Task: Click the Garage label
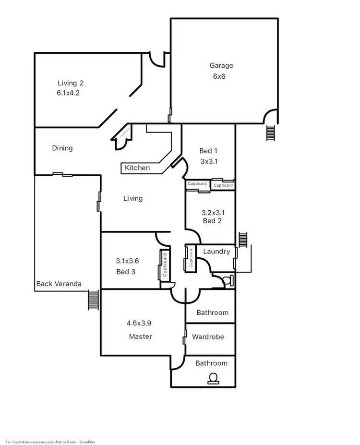[221, 66]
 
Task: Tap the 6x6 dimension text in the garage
[219, 76]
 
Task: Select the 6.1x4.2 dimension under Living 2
[68, 93]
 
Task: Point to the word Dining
[62, 148]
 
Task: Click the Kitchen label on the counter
[137, 168]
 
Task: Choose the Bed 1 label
[209, 151]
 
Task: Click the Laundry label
[216, 251]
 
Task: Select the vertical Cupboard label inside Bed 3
[164, 265]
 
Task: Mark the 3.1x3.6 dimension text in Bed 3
[127, 261]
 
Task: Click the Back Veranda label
[59, 284]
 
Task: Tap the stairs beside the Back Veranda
[93, 301]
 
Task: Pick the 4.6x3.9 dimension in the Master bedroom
[139, 323]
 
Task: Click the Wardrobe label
[208, 337]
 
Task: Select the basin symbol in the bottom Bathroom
[212, 379]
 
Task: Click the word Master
[140, 337]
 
